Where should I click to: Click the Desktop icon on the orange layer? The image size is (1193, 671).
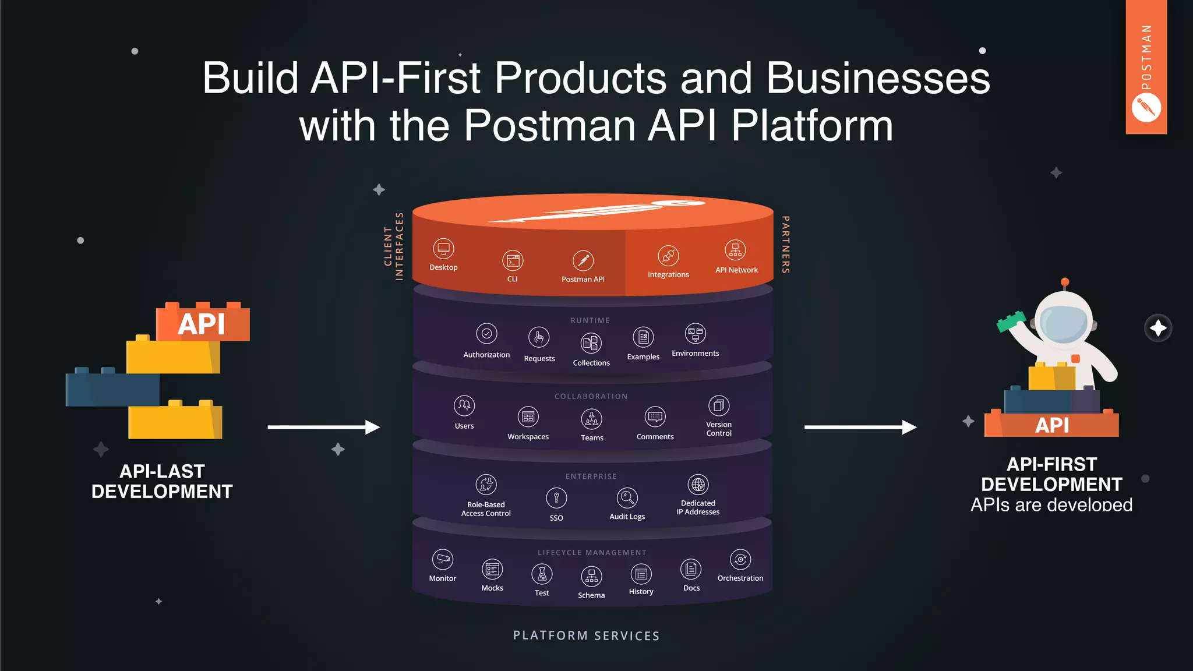pyautogui.click(x=443, y=249)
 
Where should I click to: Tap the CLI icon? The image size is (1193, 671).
pyautogui.click(x=513, y=261)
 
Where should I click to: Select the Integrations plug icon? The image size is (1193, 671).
pyautogui.click(x=668, y=256)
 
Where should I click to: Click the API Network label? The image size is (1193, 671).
pyautogui.click(x=736, y=270)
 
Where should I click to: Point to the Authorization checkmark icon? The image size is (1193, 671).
pyautogui.click(x=486, y=334)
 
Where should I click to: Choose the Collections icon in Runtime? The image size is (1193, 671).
pyautogui.click(x=591, y=343)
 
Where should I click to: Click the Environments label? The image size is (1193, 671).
pyautogui.click(x=695, y=354)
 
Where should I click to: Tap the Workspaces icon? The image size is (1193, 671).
pyautogui.click(x=528, y=417)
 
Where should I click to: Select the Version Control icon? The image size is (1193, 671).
pyautogui.click(x=718, y=405)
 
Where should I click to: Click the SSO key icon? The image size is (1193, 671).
pyautogui.click(x=556, y=498)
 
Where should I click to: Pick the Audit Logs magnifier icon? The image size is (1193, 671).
pyautogui.click(x=627, y=497)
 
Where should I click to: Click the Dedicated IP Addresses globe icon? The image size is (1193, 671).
pyautogui.click(x=698, y=484)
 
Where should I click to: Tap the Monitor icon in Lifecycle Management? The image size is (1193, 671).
pyautogui.click(x=443, y=559)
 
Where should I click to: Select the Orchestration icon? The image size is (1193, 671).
pyautogui.click(x=740, y=559)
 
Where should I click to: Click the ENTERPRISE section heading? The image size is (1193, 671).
pyautogui.click(x=591, y=476)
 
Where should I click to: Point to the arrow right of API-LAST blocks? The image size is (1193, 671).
pyautogui.click(x=323, y=428)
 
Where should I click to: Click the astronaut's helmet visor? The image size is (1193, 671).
pyautogui.click(x=1064, y=323)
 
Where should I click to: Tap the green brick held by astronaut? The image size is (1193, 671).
pyautogui.click(x=1011, y=321)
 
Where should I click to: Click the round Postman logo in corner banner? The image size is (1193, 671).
pyautogui.click(x=1146, y=108)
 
